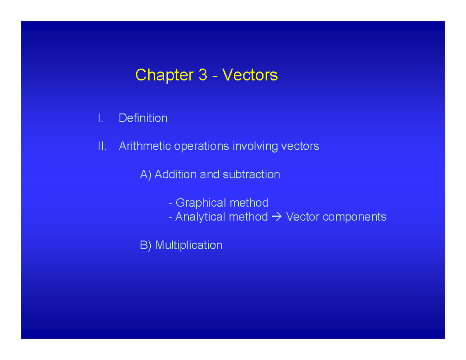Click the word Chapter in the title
click(163, 75)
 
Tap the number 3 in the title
click(203, 75)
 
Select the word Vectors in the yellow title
click(250, 75)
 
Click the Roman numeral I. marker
click(101, 118)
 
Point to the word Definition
click(143, 118)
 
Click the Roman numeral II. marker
click(102, 146)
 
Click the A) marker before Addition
click(146, 175)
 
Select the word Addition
click(176, 175)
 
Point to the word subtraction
click(251, 175)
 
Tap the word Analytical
click(200, 217)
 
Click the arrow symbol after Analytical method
click(276, 217)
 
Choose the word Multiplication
click(189, 245)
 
